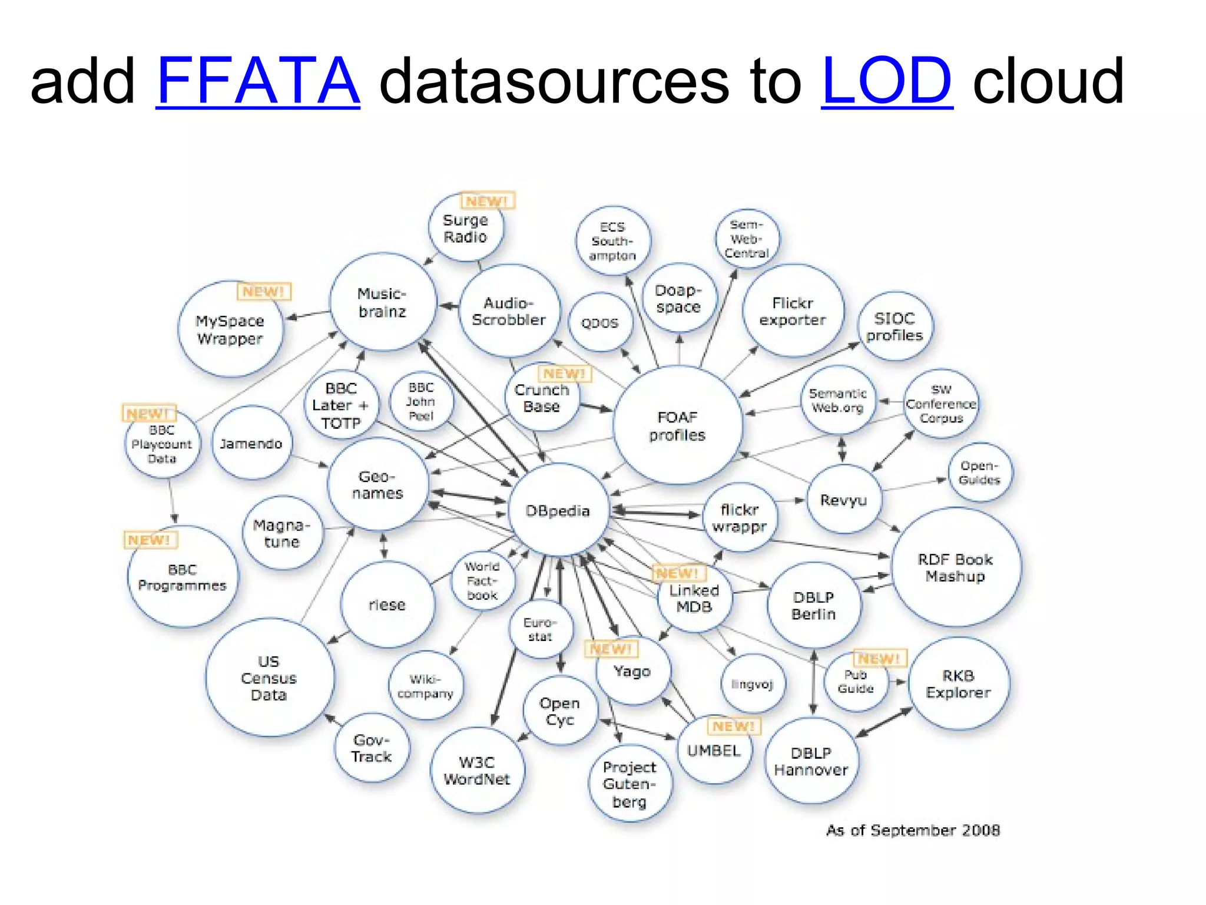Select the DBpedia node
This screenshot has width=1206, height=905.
tap(558, 510)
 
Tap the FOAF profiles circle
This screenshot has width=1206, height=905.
tap(677, 425)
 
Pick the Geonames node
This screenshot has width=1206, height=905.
tap(377, 484)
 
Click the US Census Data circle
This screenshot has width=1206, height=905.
tap(269, 678)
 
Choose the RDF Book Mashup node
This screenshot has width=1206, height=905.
tap(955, 567)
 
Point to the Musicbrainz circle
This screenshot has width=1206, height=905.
tap(383, 302)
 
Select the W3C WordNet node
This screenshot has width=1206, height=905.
tap(477, 770)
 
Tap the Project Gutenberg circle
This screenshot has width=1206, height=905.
tap(629, 784)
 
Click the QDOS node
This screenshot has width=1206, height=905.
tap(600, 323)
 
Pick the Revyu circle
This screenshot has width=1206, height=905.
tap(843, 500)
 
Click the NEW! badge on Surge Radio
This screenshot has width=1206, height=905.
tap(487, 201)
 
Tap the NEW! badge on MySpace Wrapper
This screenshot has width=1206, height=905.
tap(264, 292)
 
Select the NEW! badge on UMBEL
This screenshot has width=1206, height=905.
tap(733, 726)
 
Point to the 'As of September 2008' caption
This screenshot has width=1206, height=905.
tap(913, 830)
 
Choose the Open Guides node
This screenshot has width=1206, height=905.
tap(979, 473)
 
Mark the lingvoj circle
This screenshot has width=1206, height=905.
tap(752, 684)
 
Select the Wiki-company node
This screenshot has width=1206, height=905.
tap(425, 686)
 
